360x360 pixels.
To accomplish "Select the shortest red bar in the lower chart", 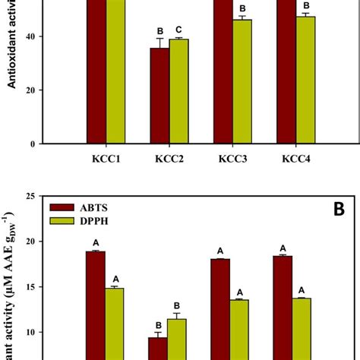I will [158, 349].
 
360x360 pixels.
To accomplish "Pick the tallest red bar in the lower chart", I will [96, 304].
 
